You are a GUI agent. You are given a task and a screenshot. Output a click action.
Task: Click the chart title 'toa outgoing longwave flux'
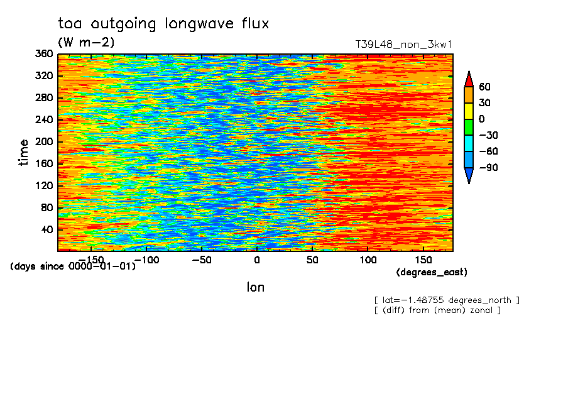(163, 24)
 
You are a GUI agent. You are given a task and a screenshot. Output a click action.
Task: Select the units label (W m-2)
(86, 42)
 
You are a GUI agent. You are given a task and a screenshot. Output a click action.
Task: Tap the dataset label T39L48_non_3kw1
(403, 45)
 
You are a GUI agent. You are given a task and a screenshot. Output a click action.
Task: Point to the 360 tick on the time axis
(44, 53)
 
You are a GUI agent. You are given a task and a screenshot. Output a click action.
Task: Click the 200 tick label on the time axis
(44, 141)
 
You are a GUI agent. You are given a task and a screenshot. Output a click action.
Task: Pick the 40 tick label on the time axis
(47, 230)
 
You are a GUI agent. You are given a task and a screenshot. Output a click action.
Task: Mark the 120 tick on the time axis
(44, 185)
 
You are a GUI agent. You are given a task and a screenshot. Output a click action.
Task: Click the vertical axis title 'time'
(23, 153)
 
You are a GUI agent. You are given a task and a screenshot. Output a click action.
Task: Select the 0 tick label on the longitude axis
(257, 260)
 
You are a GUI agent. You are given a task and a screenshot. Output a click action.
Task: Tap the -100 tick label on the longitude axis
(146, 260)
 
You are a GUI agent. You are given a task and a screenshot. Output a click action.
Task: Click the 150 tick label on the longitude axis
(423, 260)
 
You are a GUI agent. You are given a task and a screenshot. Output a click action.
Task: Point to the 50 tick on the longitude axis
(312, 260)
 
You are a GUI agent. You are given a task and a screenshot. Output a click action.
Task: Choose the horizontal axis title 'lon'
(256, 287)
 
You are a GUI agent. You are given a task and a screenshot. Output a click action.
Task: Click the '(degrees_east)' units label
(432, 272)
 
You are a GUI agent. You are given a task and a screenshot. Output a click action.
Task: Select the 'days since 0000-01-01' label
(73, 266)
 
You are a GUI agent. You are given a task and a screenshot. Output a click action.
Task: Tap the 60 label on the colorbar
(484, 87)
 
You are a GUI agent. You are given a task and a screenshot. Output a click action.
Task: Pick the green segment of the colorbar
(469, 127)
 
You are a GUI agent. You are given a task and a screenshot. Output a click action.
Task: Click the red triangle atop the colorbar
(469, 79)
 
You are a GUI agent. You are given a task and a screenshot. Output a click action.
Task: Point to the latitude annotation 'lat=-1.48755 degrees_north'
(447, 300)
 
